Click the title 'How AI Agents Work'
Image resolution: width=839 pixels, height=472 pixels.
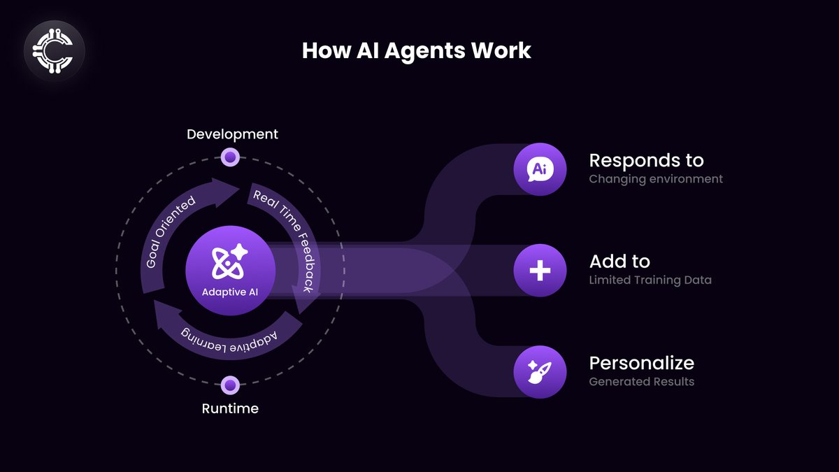(416, 50)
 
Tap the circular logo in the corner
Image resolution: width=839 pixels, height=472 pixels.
(54, 51)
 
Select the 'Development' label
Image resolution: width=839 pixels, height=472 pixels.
(232, 134)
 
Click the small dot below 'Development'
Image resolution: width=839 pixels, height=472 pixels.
(230, 157)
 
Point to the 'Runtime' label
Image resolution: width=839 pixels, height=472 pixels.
(230, 408)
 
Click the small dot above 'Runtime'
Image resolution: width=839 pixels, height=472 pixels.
(230, 385)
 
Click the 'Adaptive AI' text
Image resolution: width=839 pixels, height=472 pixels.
(229, 292)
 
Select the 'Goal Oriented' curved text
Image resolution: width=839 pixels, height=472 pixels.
(171, 231)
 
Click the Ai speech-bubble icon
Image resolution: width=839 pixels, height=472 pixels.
(540, 169)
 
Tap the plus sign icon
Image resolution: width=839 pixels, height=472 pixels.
(540, 271)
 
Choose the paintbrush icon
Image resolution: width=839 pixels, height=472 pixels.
(540, 372)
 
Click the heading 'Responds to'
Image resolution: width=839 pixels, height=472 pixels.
(646, 160)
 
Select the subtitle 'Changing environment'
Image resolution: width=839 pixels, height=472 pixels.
(655, 179)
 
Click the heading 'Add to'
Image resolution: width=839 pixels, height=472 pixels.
(619, 262)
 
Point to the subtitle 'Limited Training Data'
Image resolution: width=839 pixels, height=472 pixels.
(650, 280)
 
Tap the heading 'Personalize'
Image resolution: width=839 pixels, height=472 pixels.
(641, 364)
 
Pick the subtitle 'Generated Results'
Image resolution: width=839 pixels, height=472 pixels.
(641, 382)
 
